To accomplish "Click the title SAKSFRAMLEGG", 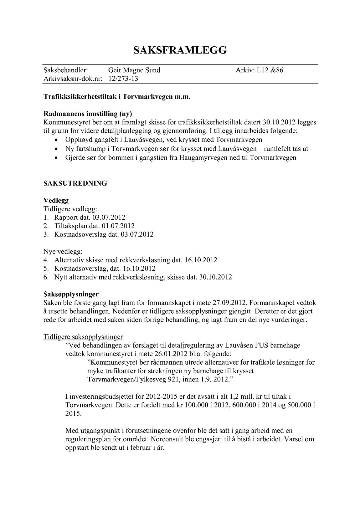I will [180, 50].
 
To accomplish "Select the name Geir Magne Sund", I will [134, 70].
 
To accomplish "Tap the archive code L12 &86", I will [270, 70].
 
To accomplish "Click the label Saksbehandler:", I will [65, 70].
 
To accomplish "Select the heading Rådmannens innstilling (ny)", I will [88, 114].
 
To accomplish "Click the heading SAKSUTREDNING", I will [75, 183].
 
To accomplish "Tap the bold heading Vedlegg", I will [56, 201].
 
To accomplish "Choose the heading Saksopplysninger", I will [71, 294].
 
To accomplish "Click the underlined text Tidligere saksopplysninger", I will [83, 337].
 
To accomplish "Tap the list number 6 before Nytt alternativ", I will [46, 277].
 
